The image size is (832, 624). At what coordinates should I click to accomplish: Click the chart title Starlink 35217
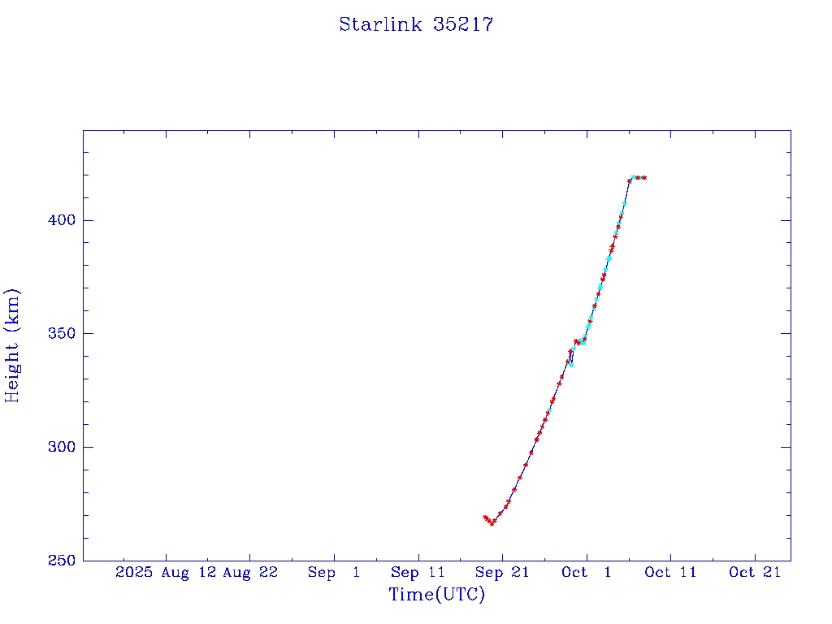(x=416, y=24)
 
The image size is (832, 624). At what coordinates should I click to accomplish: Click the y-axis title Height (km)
(x=12, y=345)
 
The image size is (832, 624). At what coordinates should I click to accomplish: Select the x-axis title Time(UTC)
(x=437, y=595)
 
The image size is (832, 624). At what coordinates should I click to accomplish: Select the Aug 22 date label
(x=249, y=572)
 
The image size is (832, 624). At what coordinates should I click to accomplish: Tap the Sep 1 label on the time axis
(x=334, y=572)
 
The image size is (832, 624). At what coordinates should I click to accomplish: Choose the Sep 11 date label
(x=418, y=572)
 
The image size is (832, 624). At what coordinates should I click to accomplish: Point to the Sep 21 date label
(x=502, y=572)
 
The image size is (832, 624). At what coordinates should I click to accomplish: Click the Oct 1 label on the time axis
(x=587, y=572)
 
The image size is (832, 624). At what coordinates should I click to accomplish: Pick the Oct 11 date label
(x=670, y=572)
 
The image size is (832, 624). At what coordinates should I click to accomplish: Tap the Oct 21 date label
(x=755, y=572)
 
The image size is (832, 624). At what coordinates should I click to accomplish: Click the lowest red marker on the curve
(x=492, y=523)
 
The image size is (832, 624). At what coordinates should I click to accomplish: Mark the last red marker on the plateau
(x=644, y=177)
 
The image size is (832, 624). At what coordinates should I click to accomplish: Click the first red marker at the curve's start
(x=484, y=517)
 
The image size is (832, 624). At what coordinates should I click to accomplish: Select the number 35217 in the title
(x=463, y=24)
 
